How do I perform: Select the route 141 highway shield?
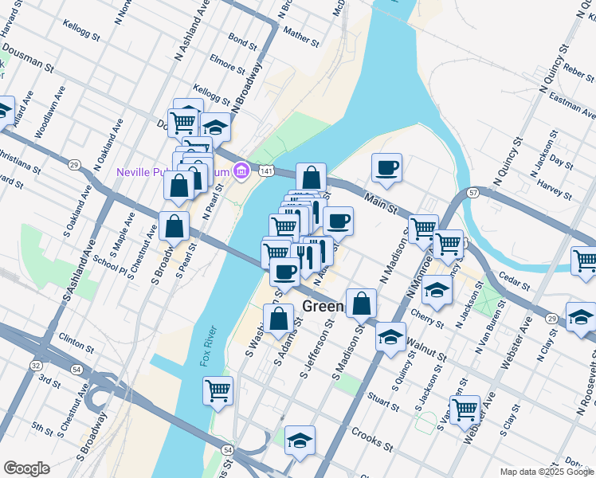tap(266, 171)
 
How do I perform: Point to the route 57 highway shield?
tap(472, 194)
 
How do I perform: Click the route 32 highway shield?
tap(36, 365)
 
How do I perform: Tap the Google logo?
tap(26, 468)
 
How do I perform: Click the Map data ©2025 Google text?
tap(546, 472)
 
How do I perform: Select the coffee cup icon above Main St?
tap(386, 167)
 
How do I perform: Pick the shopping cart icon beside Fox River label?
tap(218, 390)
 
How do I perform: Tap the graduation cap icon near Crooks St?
tap(300, 440)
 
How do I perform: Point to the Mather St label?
tap(300, 37)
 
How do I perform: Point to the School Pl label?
tap(109, 261)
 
